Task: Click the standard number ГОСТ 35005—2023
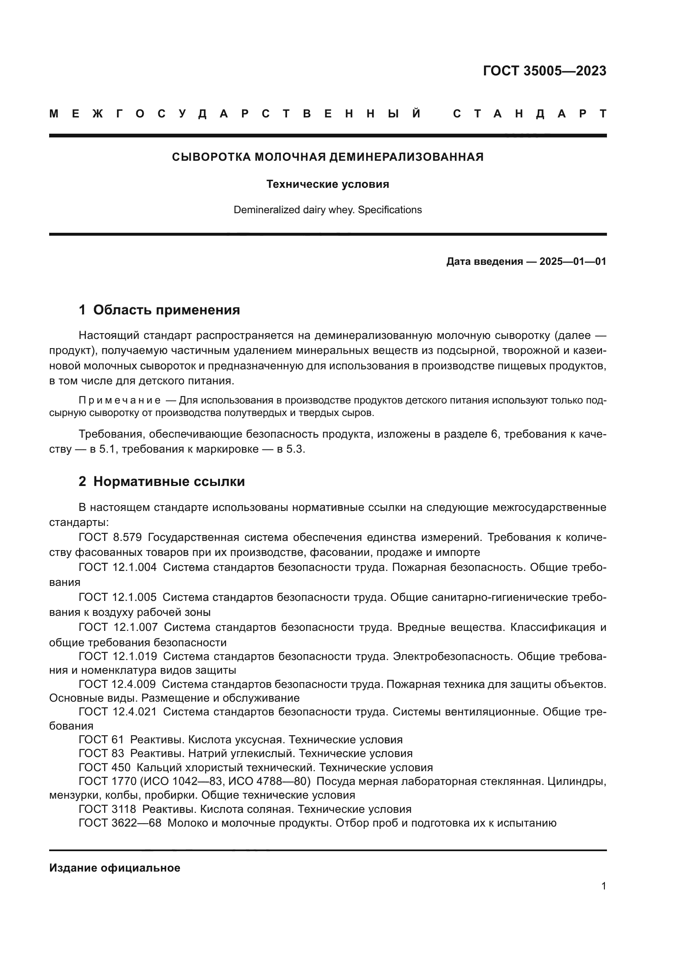click(x=544, y=71)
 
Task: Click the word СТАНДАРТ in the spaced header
click(x=529, y=114)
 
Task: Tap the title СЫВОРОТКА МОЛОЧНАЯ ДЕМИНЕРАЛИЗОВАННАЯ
click(x=327, y=157)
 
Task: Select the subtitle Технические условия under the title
click(x=327, y=184)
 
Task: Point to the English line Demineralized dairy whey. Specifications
click(x=327, y=209)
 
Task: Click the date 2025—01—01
click(x=573, y=262)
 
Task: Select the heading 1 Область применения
click(x=159, y=310)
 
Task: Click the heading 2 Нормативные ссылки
click(x=162, y=481)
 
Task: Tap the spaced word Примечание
click(x=120, y=400)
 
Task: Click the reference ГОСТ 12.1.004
click(x=117, y=567)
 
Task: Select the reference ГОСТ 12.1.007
click(x=118, y=627)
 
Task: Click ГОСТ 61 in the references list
click(x=101, y=740)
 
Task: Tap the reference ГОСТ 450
click(x=105, y=767)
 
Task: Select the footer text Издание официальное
click(x=115, y=867)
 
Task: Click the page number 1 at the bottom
click(x=603, y=886)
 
